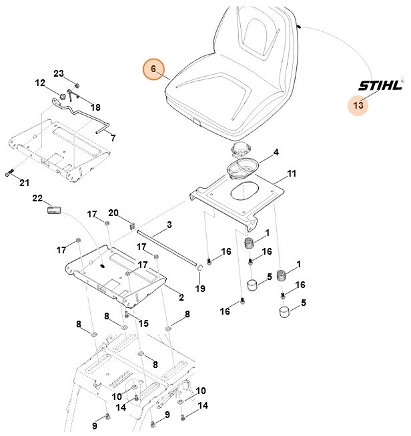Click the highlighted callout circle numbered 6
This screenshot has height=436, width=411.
point(153,69)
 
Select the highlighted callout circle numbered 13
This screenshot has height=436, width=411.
point(359,105)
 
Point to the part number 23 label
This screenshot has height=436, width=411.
point(58,73)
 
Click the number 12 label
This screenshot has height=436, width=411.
point(40,83)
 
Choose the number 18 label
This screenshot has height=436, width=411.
point(95,107)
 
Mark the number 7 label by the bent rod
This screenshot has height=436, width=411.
point(113,138)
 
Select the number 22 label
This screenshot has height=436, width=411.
point(37,199)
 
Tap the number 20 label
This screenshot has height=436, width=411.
point(113,213)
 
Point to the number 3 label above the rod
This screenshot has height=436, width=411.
point(169,225)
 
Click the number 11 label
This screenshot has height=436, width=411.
point(291,174)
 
